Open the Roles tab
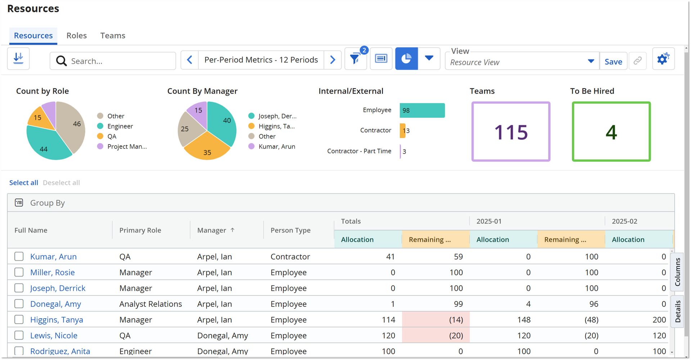point(76,36)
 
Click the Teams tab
point(113,36)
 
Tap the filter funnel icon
point(355,59)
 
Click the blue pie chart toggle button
point(406,59)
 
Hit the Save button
point(613,61)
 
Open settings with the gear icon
point(663,59)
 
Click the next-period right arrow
point(333,60)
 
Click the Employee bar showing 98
point(422,110)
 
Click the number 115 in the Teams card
point(511,132)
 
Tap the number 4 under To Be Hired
point(611,132)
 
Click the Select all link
point(24,183)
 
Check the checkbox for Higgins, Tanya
point(19,319)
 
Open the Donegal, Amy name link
point(55,304)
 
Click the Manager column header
point(212,230)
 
